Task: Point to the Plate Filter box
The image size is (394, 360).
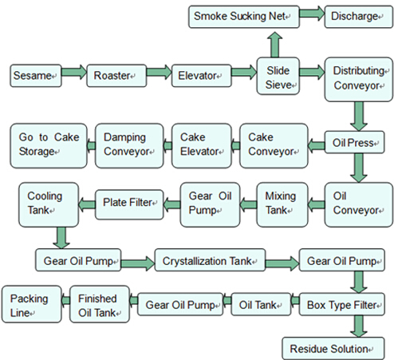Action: (x=130, y=201)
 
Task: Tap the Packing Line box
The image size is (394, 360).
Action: (x=29, y=304)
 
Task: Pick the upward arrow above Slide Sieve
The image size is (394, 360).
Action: (x=273, y=43)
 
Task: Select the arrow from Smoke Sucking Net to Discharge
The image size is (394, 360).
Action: (x=312, y=15)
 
